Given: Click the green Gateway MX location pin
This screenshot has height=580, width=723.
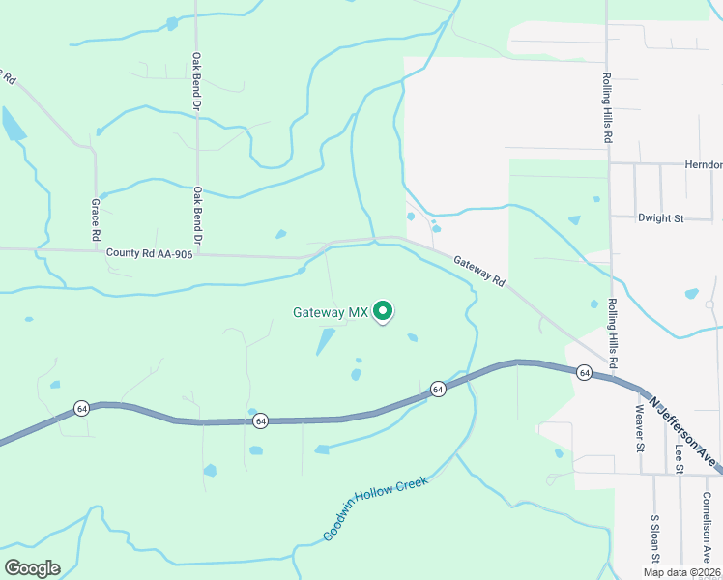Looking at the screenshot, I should click(x=383, y=310).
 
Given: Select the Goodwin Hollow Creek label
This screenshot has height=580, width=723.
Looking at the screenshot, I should click(x=375, y=508).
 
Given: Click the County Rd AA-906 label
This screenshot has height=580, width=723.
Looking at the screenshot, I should click(x=149, y=253).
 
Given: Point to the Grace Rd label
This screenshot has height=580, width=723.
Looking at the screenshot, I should click(x=96, y=219).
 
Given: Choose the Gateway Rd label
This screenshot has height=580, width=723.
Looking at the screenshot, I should click(x=479, y=271).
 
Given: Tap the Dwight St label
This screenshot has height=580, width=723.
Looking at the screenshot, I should click(x=660, y=218).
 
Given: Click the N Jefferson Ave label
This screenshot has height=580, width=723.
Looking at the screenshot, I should click(x=685, y=434).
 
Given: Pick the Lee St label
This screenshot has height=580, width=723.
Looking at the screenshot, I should click(x=680, y=453).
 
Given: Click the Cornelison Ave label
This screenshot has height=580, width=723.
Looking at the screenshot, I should click(x=708, y=527).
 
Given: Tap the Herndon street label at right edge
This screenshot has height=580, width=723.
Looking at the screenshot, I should click(x=703, y=165).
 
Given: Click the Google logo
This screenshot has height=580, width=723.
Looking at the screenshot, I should click(x=32, y=568).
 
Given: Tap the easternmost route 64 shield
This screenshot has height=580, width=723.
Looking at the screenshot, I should click(x=584, y=372).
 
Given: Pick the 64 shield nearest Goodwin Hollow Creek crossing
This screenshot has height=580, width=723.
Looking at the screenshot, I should click(x=438, y=389).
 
